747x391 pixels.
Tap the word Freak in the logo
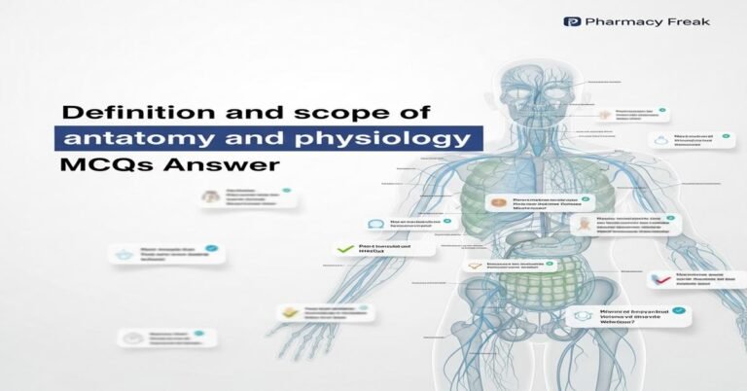[687, 20]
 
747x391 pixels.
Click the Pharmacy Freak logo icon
[573, 20]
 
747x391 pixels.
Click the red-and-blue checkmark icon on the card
[665, 283]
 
